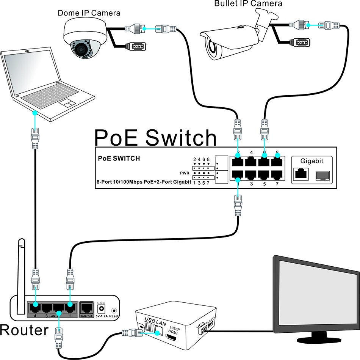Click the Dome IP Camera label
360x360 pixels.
coord(89,13)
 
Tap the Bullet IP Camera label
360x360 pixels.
coord(248,4)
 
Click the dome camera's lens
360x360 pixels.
coord(81,49)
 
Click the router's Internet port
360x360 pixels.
coord(87,307)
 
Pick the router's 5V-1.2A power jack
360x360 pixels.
coord(101,308)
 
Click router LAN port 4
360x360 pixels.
coord(35,307)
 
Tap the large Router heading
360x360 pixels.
coord(24,330)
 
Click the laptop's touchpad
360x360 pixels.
coord(68,103)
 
